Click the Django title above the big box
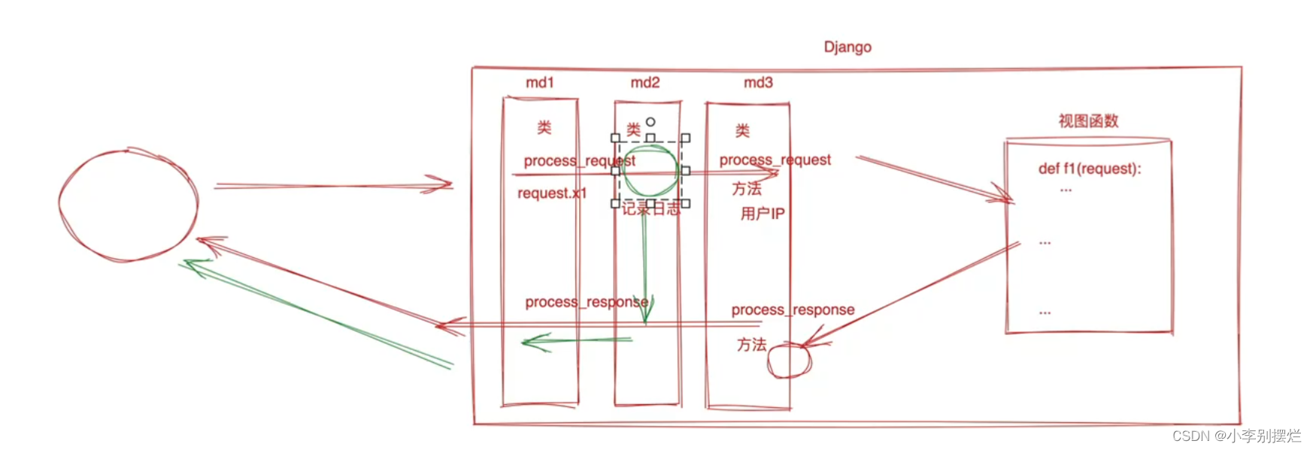848,47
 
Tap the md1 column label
539,83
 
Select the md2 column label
644,83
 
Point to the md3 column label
758,83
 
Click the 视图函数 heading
1088,121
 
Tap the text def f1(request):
1089,169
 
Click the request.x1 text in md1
551,193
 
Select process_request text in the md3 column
775,160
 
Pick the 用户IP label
762,214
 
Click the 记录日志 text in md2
650,208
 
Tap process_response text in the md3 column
793,310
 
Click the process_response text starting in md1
586,303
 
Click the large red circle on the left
128,205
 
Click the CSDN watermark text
1236,436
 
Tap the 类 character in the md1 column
544,127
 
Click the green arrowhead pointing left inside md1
529,342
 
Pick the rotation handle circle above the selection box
650,122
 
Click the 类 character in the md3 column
742,131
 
